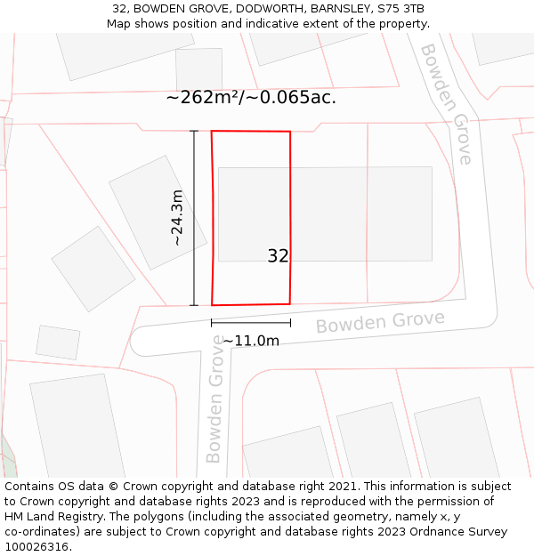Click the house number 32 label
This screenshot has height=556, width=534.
pyautogui.click(x=278, y=256)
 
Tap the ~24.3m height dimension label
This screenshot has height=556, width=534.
pyautogui.click(x=177, y=218)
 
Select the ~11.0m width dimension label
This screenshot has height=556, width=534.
pyautogui.click(x=250, y=341)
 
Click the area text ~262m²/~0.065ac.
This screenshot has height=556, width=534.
pyautogui.click(x=251, y=98)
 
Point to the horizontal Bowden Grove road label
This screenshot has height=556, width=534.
pyautogui.click(x=380, y=322)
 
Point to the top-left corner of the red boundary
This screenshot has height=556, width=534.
pyautogui.click(x=211, y=131)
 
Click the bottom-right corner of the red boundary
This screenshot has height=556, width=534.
pyautogui.click(x=290, y=304)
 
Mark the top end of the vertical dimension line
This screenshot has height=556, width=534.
pyautogui.click(x=194, y=131)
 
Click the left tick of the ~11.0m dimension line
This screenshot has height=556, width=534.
pyautogui.click(x=212, y=322)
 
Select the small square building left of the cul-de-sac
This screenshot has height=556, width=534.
pyautogui.click(x=58, y=342)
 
